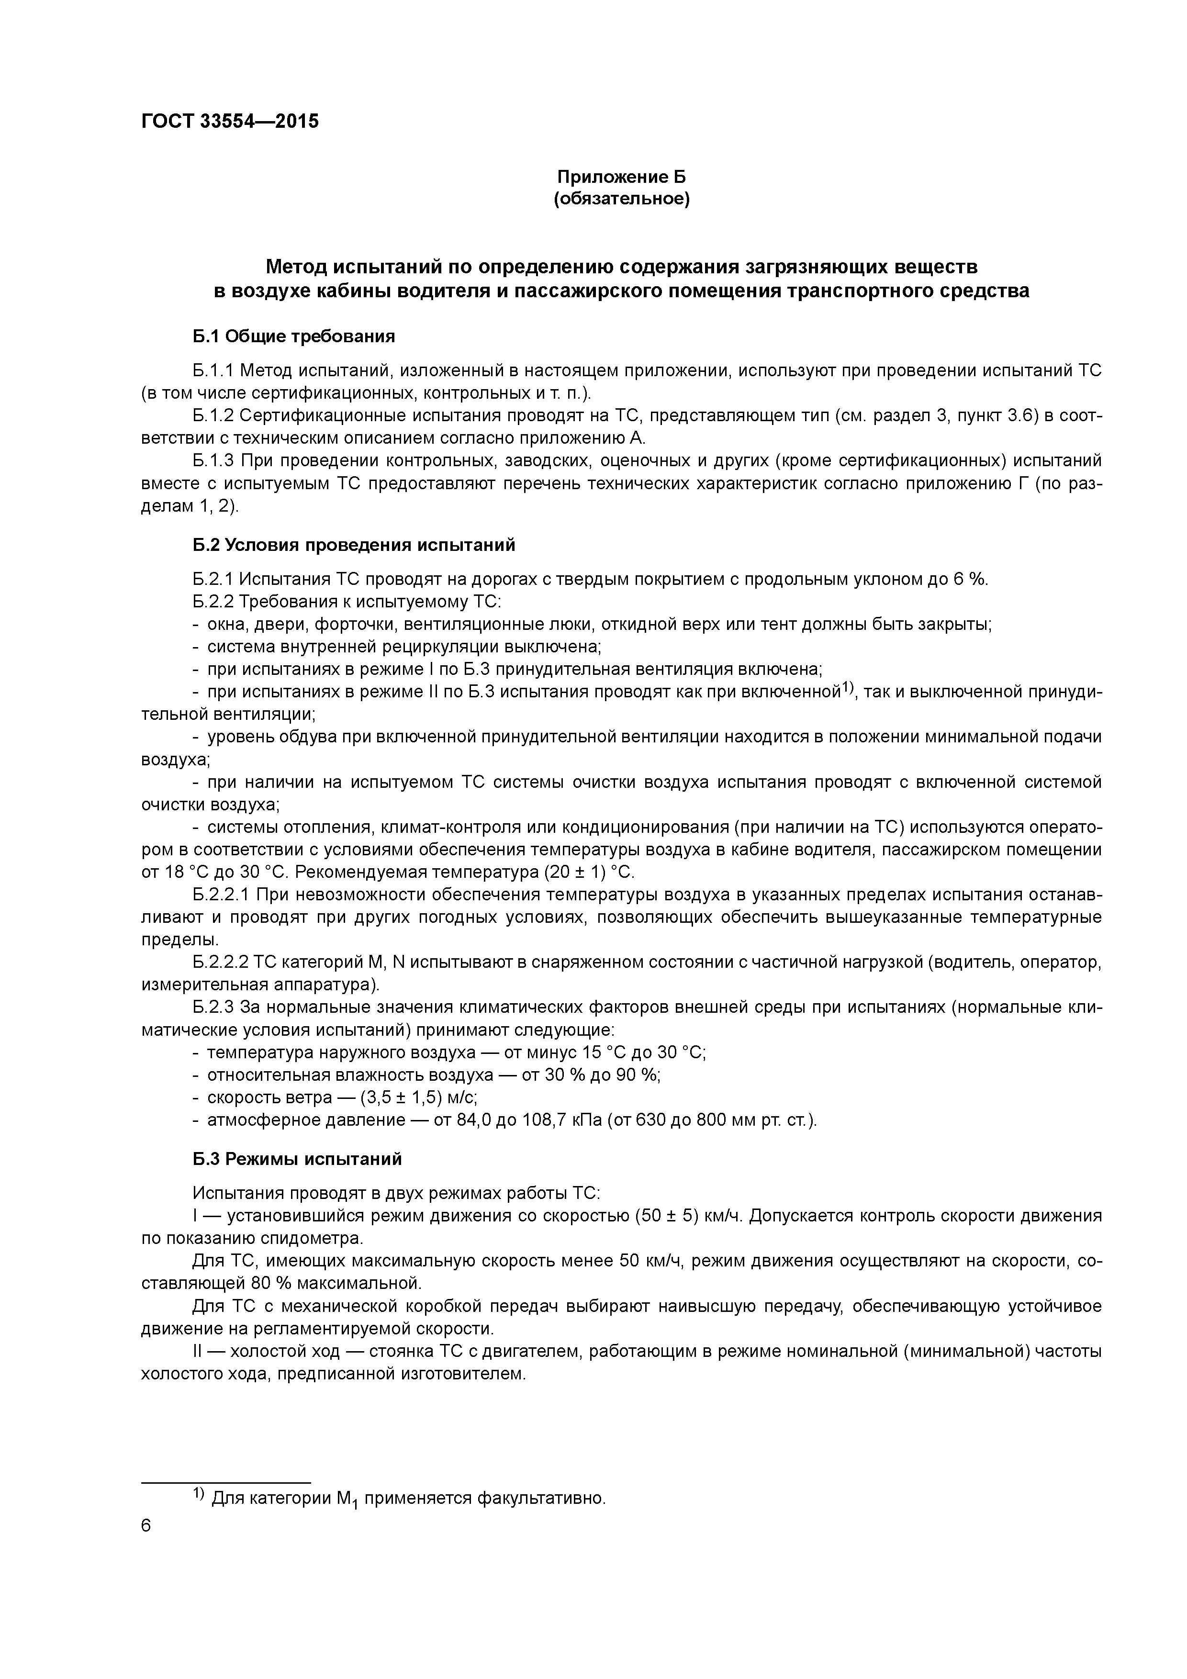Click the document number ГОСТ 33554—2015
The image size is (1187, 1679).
(230, 122)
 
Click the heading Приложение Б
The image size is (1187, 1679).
(622, 177)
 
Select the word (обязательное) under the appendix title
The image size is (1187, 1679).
(622, 199)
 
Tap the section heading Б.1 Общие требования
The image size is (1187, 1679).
(294, 336)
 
